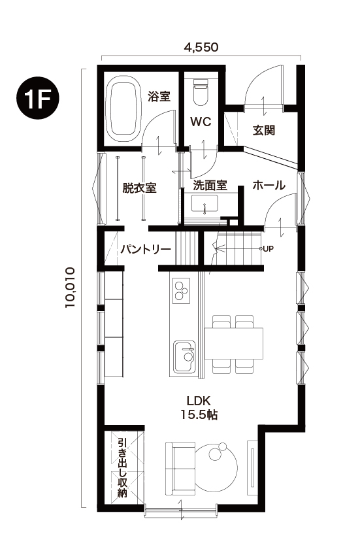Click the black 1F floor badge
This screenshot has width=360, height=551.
click(x=38, y=99)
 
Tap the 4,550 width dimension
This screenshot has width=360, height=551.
click(x=201, y=47)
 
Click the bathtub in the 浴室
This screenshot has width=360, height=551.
click(x=122, y=110)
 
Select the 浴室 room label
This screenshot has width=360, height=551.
click(x=159, y=97)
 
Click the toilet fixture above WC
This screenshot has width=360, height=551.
click(x=200, y=92)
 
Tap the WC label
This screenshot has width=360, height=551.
click(x=199, y=122)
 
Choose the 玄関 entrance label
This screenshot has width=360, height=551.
click(x=264, y=129)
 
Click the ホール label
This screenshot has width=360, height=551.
click(x=269, y=186)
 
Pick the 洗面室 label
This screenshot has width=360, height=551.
click(x=210, y=186)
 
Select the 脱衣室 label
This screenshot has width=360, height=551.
click(x=139, y=188)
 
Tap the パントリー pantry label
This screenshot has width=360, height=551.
click(x=145, y=249)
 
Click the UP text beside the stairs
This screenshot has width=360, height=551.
click(x=268, y=249)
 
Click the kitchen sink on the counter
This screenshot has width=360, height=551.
click(x=184, y=355)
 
